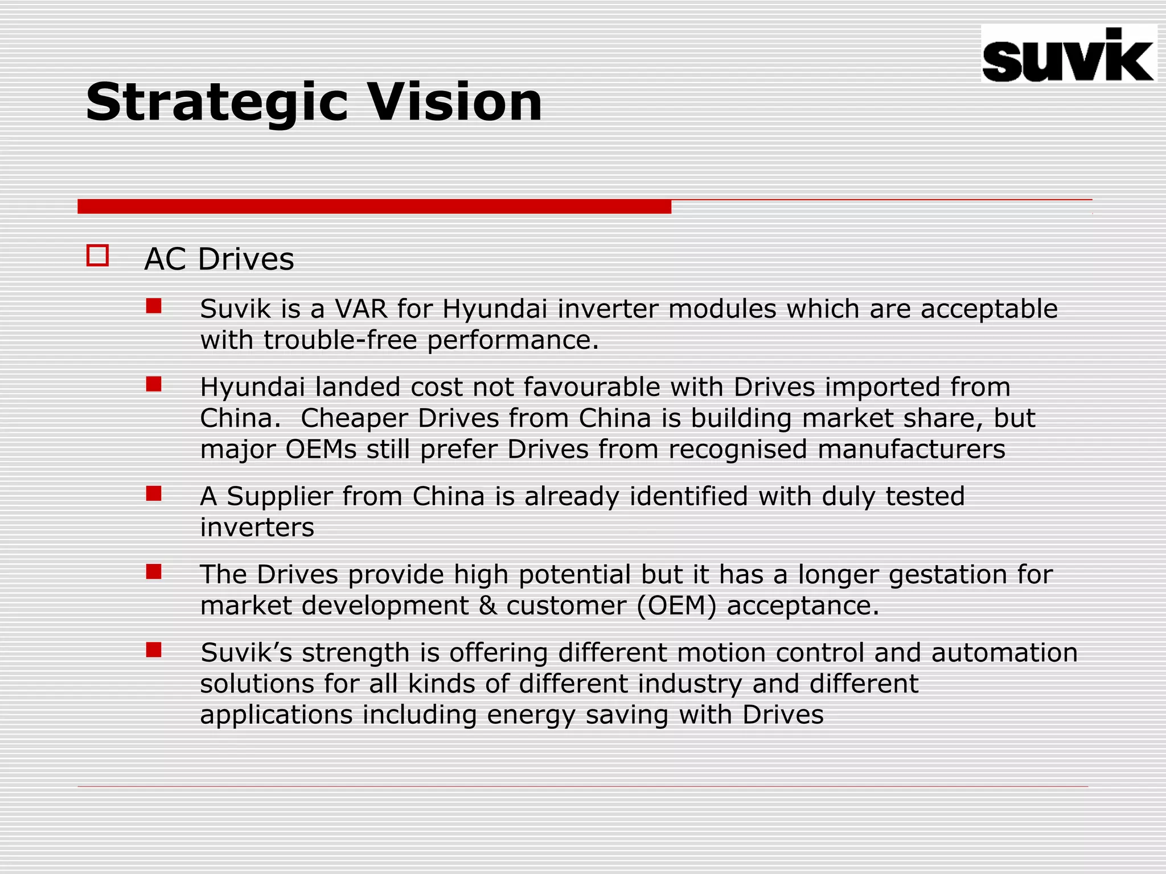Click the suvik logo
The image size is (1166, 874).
(1068, 55)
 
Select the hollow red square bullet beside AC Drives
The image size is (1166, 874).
(97, 255)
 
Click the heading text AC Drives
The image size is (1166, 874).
(219, 259)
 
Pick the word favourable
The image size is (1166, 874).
(592, 387)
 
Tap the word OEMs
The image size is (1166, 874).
(321, 450)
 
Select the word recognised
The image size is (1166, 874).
(738, 450)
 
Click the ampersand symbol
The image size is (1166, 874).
(487, 605)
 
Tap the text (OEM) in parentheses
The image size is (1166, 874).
(676, 605)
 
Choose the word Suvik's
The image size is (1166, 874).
(246, 653)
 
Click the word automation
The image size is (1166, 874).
(1004, 653)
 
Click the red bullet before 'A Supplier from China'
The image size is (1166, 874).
(154, 493)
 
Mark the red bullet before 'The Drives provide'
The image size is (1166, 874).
(154, 571)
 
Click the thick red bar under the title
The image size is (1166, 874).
(374, 207)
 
